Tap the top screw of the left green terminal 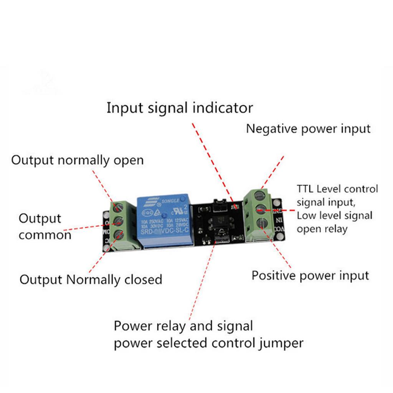(118, 208)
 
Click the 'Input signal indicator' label (180, 108)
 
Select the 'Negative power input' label (308, 129)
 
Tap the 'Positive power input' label (310, 275)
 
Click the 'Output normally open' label (77, 160)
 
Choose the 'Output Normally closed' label (91, 279)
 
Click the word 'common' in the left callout (45, 234)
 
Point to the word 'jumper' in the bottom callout (281, 343)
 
